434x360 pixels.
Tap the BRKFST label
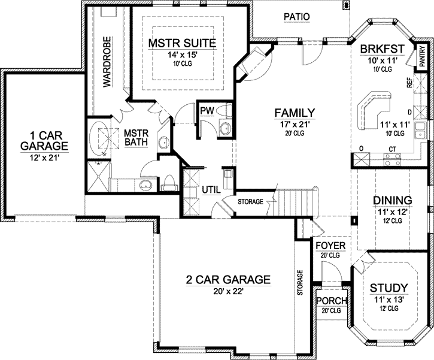[x=380, y=49]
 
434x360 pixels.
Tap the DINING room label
[x=391, y=200]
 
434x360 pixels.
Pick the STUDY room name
[x=389, y=288]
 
